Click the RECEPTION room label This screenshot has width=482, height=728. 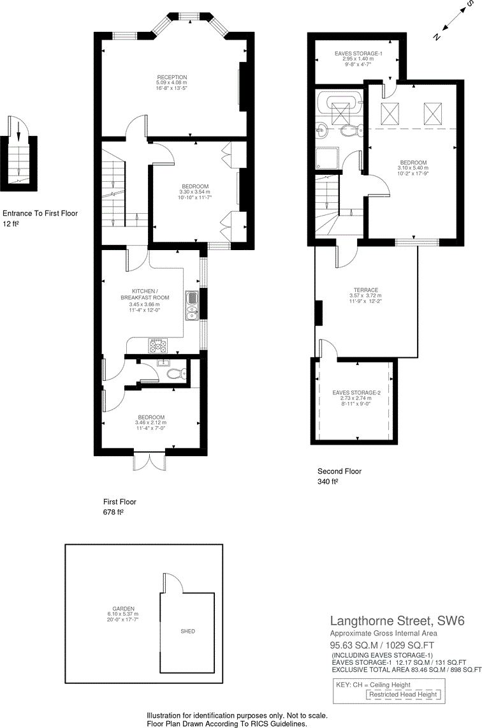pos(172,77)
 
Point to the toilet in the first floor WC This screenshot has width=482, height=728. pos(173,374)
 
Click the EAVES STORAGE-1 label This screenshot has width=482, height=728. pos(358,54)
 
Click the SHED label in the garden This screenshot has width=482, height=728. pos(187,631)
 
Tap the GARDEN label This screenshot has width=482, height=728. pos(122,608)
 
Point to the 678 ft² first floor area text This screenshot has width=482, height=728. pos(113,512)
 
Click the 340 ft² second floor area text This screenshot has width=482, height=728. pos(328,482)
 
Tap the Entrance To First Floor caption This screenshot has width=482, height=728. pos(40,213)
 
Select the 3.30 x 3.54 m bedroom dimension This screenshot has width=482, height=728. pos(195,192)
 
